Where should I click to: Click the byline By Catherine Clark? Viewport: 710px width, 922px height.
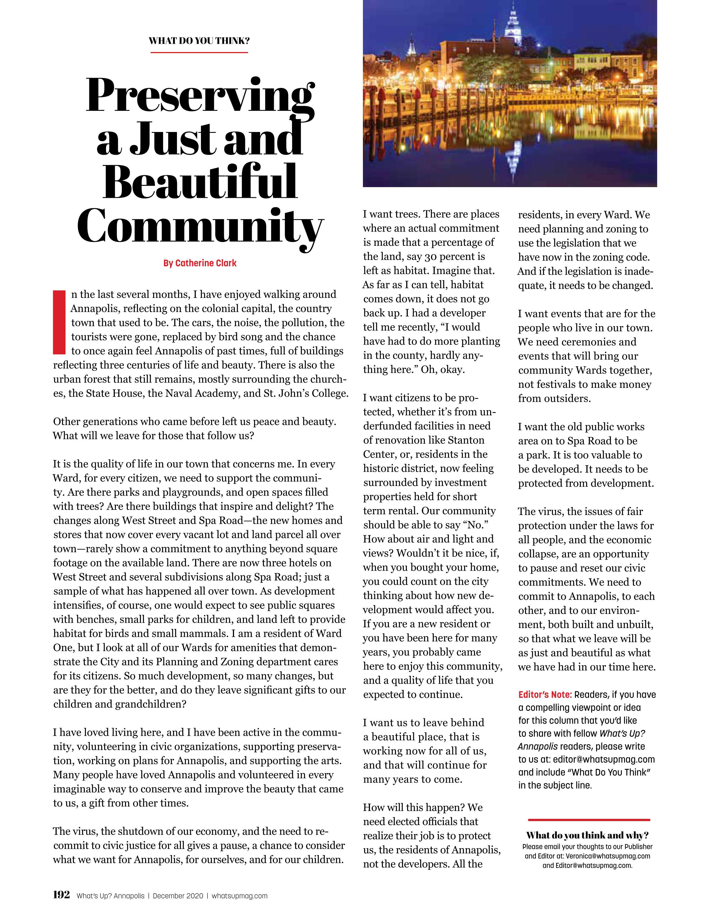click(x=200, y=263)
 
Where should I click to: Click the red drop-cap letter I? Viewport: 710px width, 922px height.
click(x=59, y=322)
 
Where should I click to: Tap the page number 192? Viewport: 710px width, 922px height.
click(x=62, y=895)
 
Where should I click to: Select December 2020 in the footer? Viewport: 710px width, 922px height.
click(x=178, y=896)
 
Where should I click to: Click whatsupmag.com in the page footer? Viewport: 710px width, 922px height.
click(x=239, y=896)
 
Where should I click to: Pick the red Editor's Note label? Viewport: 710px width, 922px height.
click(x=545, y=695)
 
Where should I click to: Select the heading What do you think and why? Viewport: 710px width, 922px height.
click(x=587, y=835)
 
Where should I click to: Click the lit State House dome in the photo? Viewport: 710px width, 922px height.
click(x=513, y=25)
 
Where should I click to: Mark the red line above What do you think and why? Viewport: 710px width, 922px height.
click(x=589, y=819)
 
